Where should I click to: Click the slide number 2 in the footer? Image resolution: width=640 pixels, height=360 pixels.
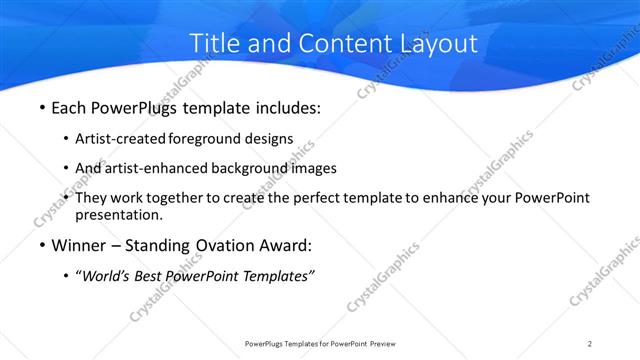coord(590,343)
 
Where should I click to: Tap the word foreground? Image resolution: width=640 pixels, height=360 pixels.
coord(206,139)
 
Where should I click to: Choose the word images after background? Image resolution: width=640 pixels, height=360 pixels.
coord(312,168)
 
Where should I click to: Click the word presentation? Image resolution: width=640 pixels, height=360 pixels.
coord(118,214)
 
